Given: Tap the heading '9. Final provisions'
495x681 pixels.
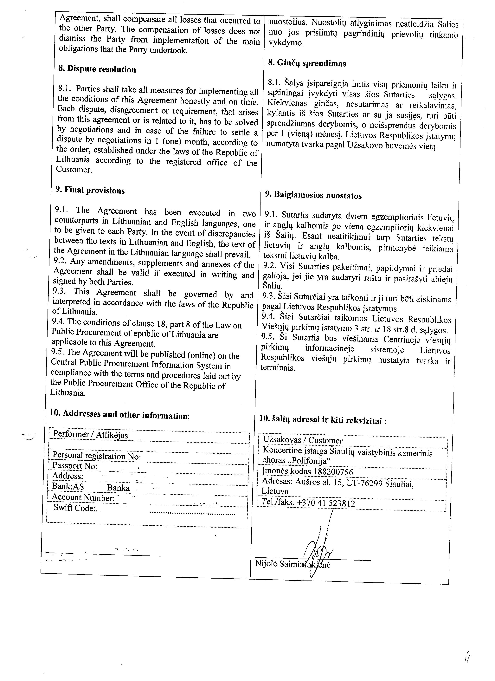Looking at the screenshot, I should coord(90,190).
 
